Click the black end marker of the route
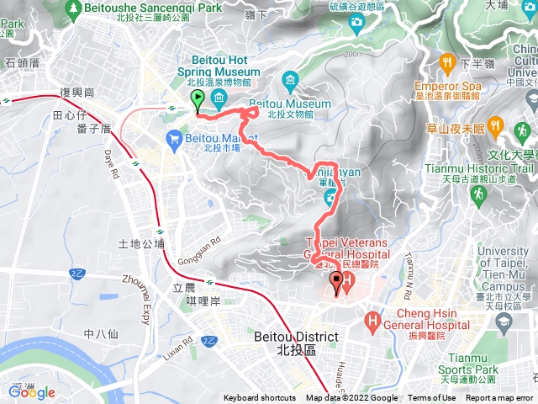pos(337,283)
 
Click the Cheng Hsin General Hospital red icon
pos(372,320)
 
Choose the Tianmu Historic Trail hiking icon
pos(477,194)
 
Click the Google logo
pos(32,391)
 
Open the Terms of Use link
pos(432,398)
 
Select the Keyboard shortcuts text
pos(260,398)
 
